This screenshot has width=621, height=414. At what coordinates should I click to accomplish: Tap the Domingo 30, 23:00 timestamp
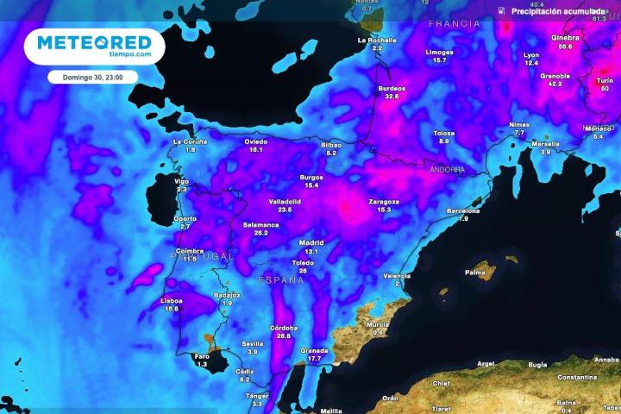(93, 77)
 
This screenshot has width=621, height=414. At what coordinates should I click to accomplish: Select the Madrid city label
(311, 243)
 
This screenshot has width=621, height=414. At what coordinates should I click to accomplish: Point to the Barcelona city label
(463, 210)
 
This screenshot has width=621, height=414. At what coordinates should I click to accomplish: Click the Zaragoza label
(385, 201)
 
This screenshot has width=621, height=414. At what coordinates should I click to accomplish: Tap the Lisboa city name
(172, 300)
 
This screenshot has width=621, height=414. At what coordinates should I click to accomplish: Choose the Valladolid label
(285, 201)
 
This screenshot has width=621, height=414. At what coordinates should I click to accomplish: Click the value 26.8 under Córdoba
(284, 336)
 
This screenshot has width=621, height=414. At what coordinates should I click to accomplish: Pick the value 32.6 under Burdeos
(392, 97)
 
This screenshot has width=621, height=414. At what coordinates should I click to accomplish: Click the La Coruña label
(190, 141)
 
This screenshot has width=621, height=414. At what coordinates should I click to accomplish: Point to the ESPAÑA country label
(282, 280)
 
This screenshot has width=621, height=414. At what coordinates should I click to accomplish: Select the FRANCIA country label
(454, 24)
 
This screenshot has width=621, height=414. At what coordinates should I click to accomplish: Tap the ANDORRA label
(447, 170)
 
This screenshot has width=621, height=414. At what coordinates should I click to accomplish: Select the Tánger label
(257, 396)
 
